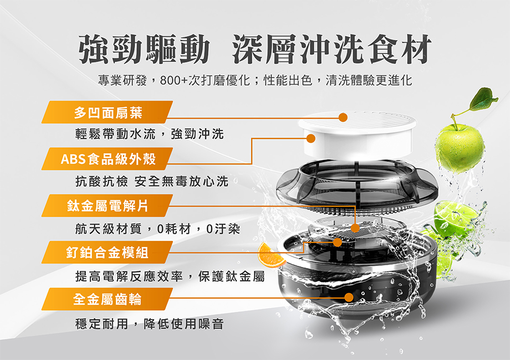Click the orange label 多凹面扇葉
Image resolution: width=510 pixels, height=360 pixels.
[108, 113]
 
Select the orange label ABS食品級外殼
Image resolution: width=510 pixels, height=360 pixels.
[108, 160]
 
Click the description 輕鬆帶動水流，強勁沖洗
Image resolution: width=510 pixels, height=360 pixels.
[149, 133]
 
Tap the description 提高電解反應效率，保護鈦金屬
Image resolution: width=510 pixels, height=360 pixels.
[170, 275]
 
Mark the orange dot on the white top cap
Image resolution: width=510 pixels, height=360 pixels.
[343, 117]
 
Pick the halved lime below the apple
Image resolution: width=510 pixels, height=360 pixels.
[455, 219]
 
